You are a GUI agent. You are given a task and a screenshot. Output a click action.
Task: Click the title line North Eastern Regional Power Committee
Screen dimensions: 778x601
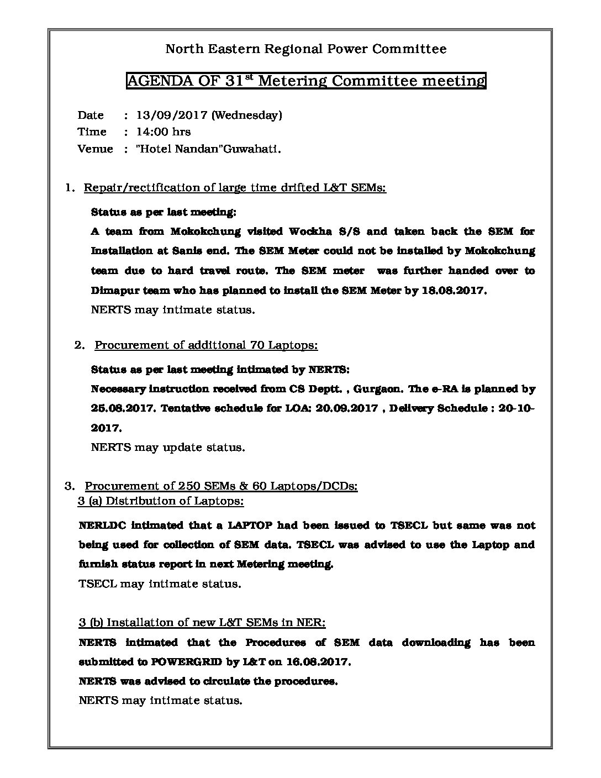306,49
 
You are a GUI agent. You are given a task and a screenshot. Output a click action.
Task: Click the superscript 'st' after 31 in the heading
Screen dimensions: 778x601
248,76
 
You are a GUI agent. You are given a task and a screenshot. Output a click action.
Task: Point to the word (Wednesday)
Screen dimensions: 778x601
246,115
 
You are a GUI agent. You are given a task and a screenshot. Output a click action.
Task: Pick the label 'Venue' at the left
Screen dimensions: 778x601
95,149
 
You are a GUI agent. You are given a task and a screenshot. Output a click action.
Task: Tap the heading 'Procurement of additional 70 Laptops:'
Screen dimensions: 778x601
206,345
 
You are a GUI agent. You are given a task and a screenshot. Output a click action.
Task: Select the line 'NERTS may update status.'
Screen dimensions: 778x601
167,447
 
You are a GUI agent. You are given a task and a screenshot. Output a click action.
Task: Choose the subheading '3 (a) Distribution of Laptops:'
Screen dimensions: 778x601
161,501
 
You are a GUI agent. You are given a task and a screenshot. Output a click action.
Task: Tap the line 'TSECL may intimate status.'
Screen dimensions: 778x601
160,583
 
